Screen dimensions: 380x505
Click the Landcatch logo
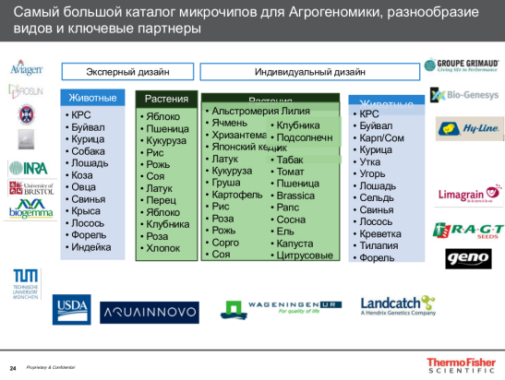pyautogui.click(x=397, y=305)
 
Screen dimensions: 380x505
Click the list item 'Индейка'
pyautogui.click(x=90, y=246)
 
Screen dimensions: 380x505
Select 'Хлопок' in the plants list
pyautogui.click(x=163, y=248)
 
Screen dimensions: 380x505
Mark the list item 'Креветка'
pyautogui.click(x=381, y=233)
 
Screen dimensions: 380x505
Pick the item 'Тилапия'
pyautogui.click(x=380, y=245)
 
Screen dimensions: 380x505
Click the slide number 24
pyautogui.click(x=13, y=367)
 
